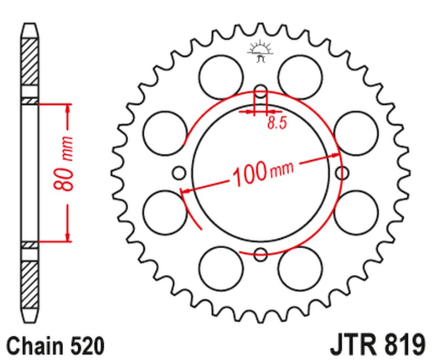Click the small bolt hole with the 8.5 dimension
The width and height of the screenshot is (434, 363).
tap(261, 91)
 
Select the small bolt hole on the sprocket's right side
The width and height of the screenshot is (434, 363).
tap(342, 172)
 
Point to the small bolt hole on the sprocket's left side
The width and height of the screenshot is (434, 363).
tap(179, 173)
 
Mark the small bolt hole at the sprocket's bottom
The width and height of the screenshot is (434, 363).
tap(261, 254)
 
